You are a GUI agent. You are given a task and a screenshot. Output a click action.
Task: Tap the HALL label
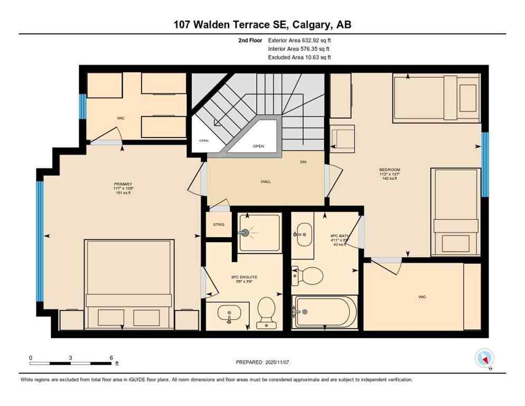click(266, 181)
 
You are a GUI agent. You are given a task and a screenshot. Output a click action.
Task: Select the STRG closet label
click(219, 225)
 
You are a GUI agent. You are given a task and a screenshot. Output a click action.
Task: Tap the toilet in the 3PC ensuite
click(266, 311)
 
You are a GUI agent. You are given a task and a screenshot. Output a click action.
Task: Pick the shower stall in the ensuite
click(259, 233)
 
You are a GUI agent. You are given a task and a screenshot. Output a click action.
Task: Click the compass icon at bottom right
click(484, 358)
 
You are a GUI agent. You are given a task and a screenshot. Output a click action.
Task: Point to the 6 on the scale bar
click(111, 357)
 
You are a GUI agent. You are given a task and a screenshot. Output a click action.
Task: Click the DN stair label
click(303, 162)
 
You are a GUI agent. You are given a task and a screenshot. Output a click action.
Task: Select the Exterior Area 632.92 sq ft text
click(299, 40)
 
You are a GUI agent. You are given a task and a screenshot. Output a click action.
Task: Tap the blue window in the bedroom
click(485, 164)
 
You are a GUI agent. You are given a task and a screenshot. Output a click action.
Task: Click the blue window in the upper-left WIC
click(82, 107)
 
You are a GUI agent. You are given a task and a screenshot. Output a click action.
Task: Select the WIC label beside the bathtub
click(422, 297)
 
